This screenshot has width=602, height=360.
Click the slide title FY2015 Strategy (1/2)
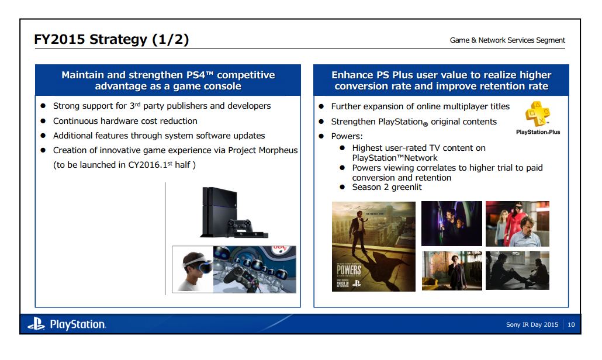click(x=112, y=40)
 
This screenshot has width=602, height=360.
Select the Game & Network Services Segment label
click(x=507, y=40)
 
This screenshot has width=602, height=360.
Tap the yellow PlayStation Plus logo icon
click(x=537, y=113)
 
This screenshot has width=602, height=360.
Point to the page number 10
click(x=570, y=325)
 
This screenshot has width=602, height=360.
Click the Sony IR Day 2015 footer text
click(x=532, y=325)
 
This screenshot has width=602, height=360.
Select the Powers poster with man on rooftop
click(x=373, y=245)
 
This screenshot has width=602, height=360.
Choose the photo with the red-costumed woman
click(x=517, y=224)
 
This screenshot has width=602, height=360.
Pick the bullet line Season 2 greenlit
click(x=386, y=187)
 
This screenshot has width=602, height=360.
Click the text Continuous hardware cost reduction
click(x=125, y=121)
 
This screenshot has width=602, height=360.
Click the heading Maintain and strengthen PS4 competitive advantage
click(x=168, y=81)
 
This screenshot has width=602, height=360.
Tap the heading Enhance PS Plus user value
click(x=441, y=81)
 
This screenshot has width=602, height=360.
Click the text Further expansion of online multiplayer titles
click(x=420, y=106)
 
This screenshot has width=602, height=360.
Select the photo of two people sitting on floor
click(x=517, y=270)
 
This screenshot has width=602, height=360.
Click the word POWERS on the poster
click(x=348, y=270)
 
